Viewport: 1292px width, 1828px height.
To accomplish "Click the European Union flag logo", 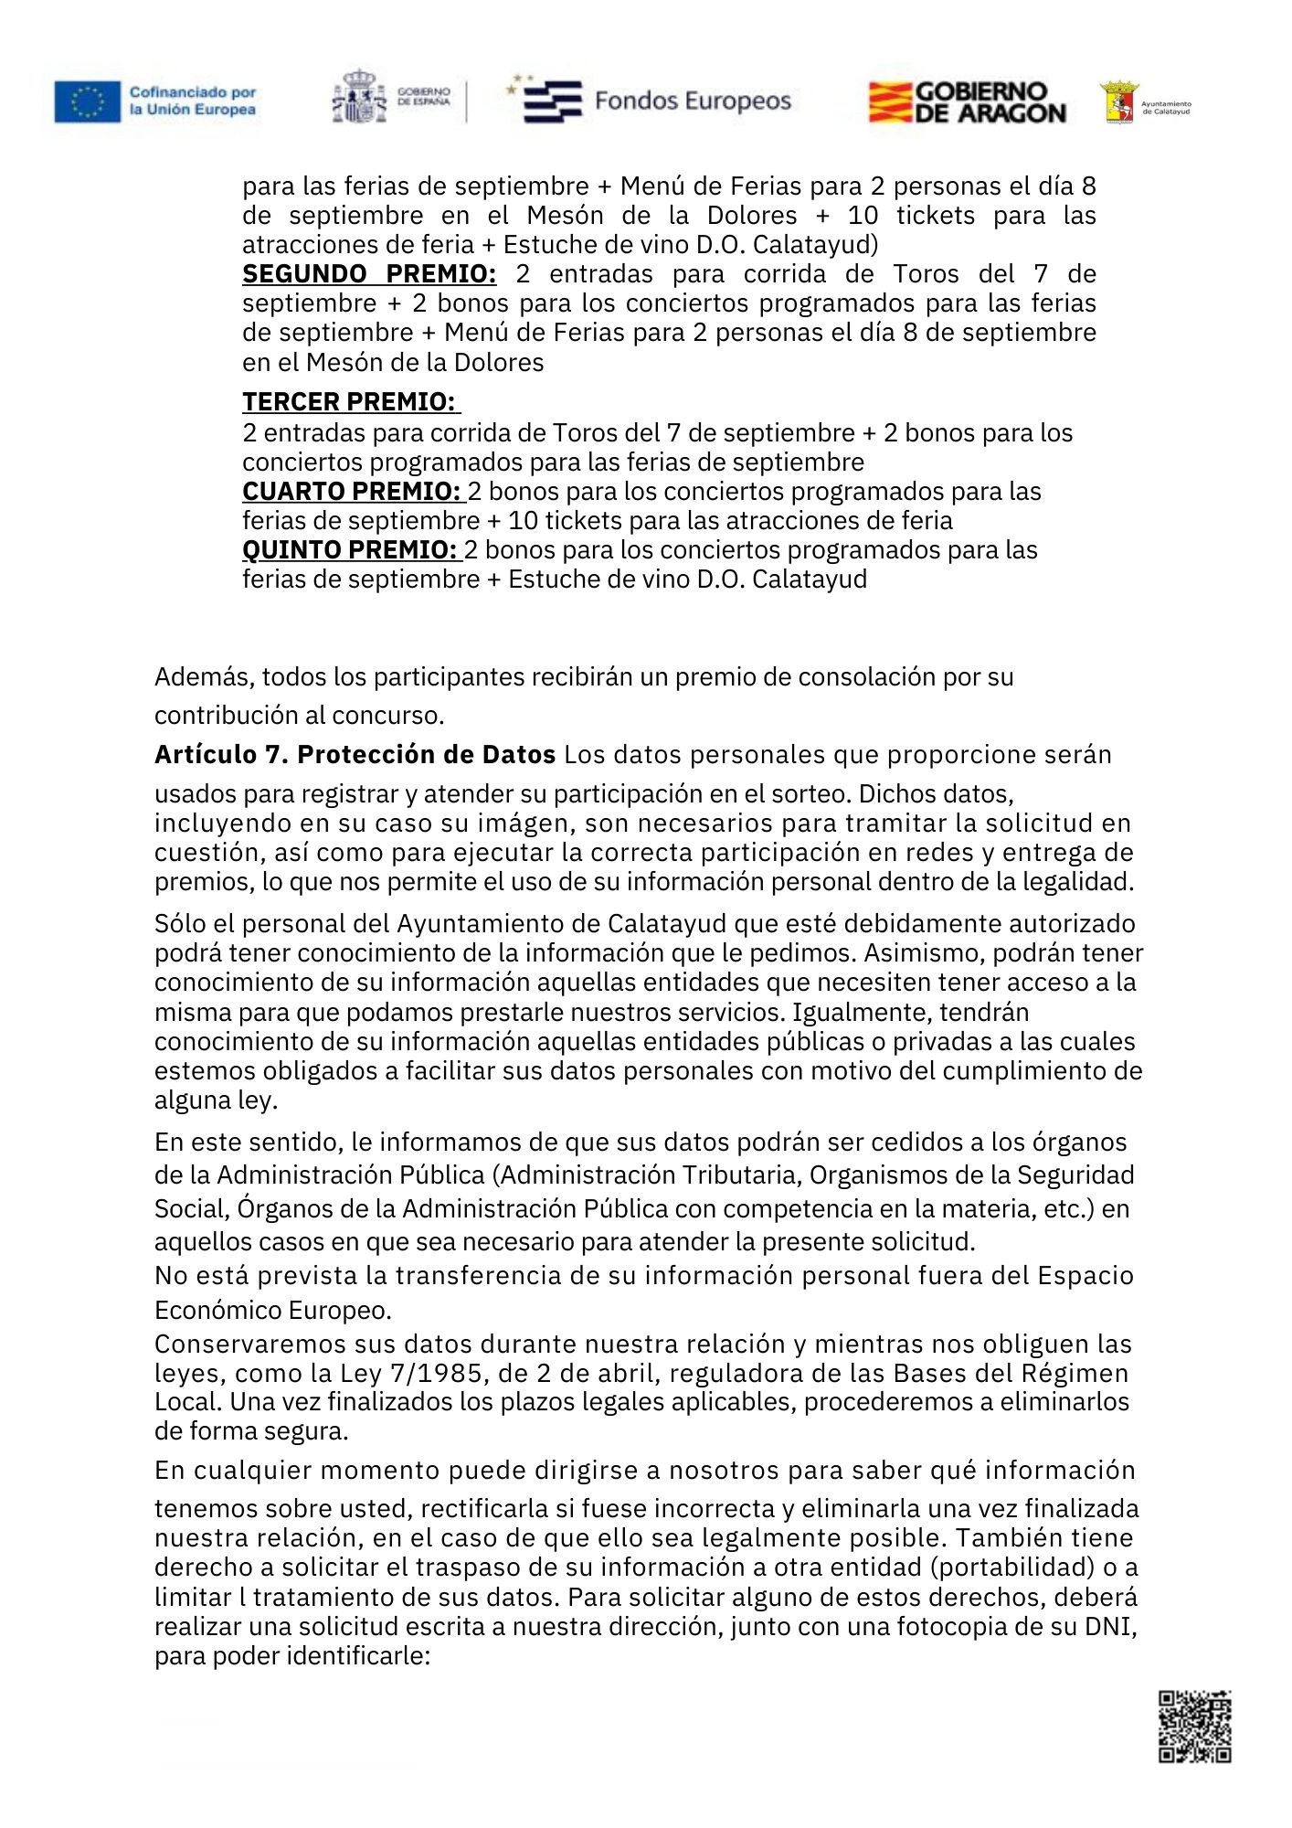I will coord(87,101).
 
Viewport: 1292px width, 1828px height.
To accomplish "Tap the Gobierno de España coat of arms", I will coord(359,97).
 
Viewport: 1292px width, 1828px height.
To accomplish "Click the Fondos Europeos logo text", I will coord(693,101).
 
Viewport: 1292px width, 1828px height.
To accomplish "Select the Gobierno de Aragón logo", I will coord(967,102).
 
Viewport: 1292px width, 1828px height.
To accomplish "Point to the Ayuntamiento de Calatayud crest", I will coord(1119,102).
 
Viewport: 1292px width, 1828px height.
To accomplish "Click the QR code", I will coord(1194,1726).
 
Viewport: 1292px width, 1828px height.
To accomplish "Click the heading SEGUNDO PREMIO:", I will coord(369,274).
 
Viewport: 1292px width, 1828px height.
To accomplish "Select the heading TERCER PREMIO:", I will coord(349,402).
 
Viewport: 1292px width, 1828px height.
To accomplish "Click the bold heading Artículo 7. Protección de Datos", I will coord(355,755).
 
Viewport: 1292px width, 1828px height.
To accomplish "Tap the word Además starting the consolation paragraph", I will coord(204,677).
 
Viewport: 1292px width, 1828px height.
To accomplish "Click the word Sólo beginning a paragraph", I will coord(180,924).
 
